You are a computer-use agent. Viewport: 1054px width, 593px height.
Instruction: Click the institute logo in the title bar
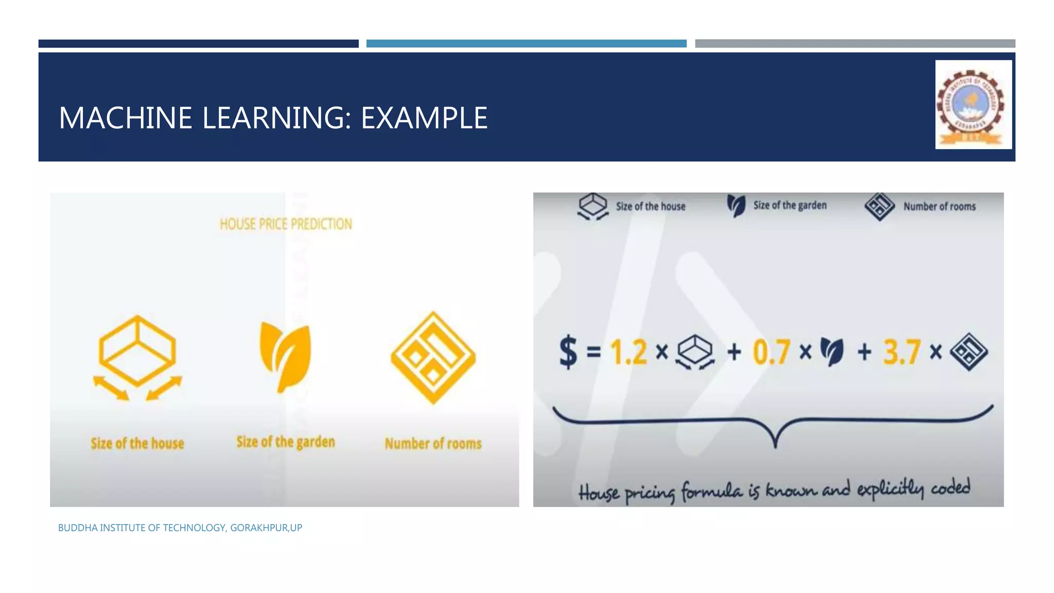coord(973,104)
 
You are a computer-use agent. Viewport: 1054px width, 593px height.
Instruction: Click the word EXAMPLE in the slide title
coord(424,118)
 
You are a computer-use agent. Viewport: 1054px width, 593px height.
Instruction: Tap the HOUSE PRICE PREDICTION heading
coord(286,224)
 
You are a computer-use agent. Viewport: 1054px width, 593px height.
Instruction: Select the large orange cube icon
coord(137,355)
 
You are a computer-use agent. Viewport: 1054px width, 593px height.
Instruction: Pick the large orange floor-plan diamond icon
coord(433,357)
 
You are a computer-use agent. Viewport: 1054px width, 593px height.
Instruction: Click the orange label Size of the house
coord(137,443)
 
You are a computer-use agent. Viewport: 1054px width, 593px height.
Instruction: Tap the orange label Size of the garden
coord(286,442)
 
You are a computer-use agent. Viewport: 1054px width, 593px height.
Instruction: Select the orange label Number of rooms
coord(433,443)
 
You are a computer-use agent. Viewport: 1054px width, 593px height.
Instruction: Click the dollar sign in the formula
coord(568,352)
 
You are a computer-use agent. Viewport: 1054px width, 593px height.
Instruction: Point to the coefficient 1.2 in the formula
coord(628,352)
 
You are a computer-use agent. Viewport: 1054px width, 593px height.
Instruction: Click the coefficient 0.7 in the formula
coord(771,352)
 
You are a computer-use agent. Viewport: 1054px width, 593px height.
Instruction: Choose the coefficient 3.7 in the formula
coord(902,352)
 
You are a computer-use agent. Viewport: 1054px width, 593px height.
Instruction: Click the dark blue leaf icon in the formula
coord(832,352)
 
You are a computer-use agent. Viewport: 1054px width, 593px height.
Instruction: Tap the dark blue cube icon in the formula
coord(695,352)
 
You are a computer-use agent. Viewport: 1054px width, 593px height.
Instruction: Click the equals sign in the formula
coord(593,352)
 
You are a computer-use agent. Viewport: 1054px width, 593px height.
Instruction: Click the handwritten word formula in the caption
coord(712,492)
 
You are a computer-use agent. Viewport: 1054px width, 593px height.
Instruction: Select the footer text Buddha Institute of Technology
coord(180,528)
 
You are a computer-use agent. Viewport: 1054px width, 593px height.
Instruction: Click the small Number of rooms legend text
coord(939,206)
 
